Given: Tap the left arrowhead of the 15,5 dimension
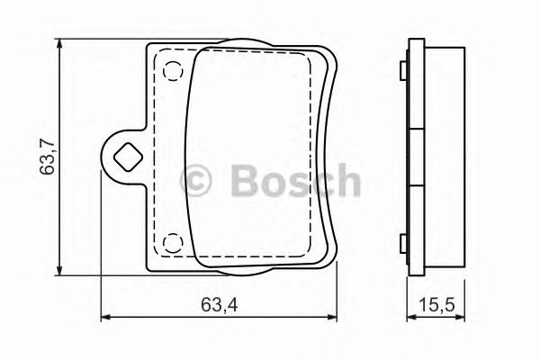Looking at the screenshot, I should click(409, 317).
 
